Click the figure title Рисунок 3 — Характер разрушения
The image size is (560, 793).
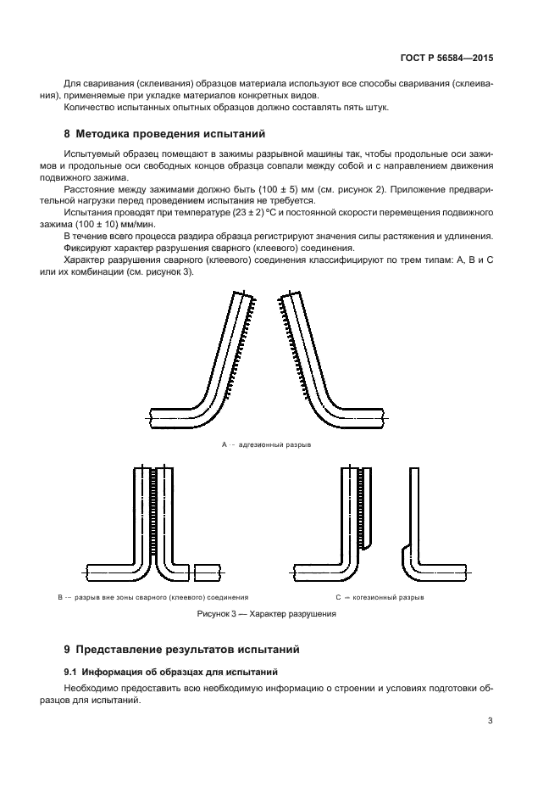click(x=267, y=614)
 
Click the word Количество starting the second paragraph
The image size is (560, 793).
click(x=91, y=107)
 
